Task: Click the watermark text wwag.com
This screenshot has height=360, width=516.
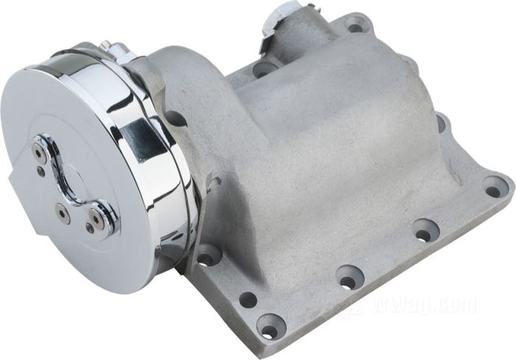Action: pos(425,305)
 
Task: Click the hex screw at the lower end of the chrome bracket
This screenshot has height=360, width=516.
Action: pos(97,218)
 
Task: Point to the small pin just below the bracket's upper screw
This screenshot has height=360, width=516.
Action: pos(41,170)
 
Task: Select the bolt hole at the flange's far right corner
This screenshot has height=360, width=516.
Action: pos(492,190)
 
